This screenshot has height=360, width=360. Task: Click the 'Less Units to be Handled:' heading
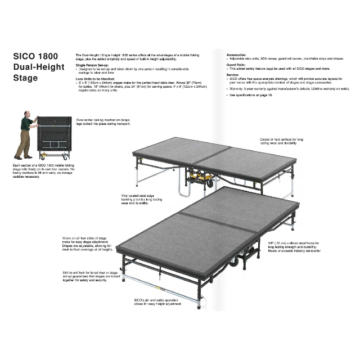pos(98,78)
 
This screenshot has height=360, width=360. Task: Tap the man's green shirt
pos(26,125)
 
